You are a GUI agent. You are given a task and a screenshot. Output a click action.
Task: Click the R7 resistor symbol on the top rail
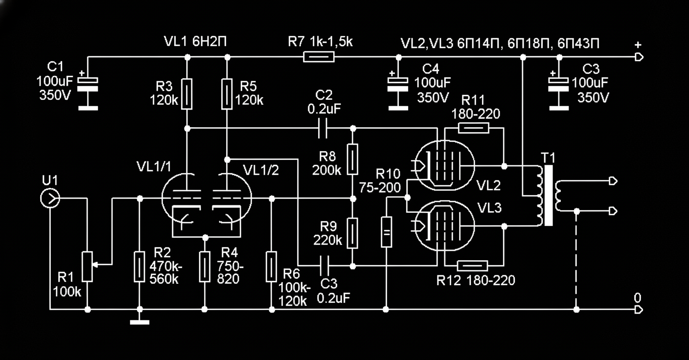point(319,57)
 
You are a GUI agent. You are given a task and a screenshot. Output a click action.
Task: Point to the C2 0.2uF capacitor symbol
point(322,129)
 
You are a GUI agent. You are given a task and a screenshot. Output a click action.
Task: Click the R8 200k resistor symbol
point(353,159)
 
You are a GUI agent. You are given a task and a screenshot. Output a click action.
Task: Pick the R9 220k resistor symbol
point(353,233)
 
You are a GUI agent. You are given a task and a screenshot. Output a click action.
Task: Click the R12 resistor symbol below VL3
point(472,266)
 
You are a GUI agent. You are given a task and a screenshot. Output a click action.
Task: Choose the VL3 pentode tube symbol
point(443,226)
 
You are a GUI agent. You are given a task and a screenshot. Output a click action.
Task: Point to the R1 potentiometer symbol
point(88,267)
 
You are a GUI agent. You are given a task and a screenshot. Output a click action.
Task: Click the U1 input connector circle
point(50,199)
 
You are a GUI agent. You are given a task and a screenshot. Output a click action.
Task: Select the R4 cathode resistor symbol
point(205,267)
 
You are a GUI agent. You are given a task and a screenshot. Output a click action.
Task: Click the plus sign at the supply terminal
point(638,45)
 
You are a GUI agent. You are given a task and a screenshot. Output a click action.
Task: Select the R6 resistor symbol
point(272,267)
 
